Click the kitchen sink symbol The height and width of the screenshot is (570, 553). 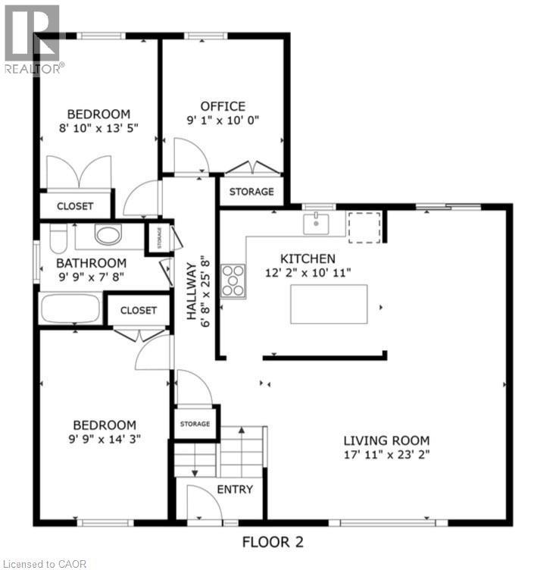pos(315,224)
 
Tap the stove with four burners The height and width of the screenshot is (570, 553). pos(233,280)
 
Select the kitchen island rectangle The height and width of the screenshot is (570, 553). pos(328,304)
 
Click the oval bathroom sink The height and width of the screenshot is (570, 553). pos(108,235)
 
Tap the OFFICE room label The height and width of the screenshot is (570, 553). pos(223,106)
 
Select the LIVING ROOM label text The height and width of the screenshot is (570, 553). pos(386,440)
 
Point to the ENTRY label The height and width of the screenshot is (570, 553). pos(235,489)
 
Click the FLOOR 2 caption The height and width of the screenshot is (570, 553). pos(273,542)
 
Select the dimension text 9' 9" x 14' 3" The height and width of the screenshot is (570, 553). pos(105,438)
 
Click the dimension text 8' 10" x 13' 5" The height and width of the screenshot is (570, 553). pos(99,128)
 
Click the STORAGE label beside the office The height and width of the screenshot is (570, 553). pos(252,192)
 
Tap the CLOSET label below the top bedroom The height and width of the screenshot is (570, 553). pos(75,206)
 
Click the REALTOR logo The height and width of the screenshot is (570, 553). pos(32,38)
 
